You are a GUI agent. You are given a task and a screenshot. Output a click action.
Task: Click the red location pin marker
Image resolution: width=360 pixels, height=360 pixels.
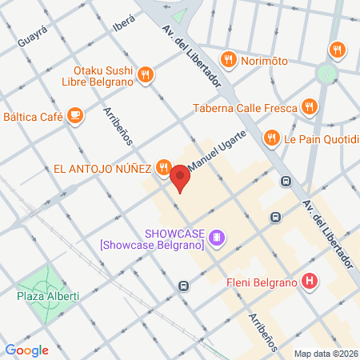(x=181, y=178)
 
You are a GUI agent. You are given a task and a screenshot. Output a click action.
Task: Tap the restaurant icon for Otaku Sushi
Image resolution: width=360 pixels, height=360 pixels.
(x=145, y=74)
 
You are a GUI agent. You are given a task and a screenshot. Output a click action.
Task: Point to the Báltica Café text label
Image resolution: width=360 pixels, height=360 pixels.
(x=33, y=117)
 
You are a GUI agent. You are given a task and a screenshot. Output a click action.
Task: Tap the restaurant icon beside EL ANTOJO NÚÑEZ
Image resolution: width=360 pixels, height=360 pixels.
(x=163, y=167)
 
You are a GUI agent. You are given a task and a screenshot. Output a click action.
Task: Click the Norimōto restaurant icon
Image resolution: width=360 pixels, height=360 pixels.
(x=229, y=58)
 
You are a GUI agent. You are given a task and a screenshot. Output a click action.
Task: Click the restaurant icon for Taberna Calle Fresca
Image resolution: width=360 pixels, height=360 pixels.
(x=309, y=106)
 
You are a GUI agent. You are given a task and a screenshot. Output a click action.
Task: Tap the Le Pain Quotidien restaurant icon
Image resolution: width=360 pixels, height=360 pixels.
(x=272, y=138)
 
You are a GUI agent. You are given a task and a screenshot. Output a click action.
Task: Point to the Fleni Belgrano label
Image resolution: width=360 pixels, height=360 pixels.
(x=261, y=282)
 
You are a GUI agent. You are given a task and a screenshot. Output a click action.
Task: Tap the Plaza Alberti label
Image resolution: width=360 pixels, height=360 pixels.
(x=48, y=297)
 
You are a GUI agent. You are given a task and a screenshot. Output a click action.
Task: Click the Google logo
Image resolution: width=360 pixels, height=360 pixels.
(x=27, y=350)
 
